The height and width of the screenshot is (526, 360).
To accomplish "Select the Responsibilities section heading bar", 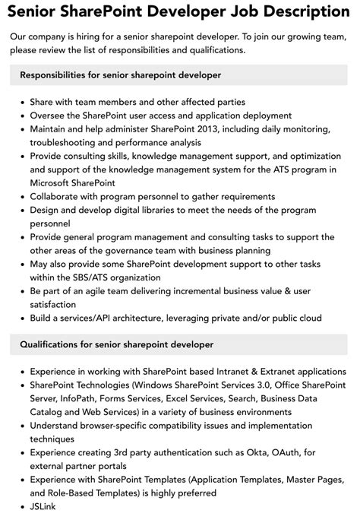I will [x=179, y=75].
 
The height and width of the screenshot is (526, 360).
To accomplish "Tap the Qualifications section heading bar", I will [x=179, y=344].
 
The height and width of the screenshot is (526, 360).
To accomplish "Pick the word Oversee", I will [x=50, y=116].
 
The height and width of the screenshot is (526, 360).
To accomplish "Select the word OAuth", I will [x=263, y=452].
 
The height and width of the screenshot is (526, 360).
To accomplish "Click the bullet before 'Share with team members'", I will [x=21, y=102].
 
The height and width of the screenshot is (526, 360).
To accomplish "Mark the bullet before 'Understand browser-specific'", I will [x=21, y=426].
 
